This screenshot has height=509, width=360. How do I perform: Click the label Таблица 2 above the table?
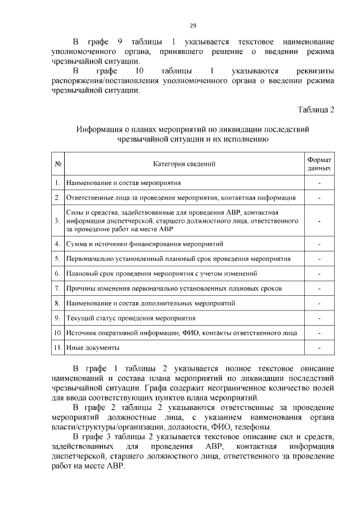click(x=316, y=109)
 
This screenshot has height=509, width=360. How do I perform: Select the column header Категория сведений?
click(x=184, y=164)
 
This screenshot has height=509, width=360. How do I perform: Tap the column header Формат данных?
click(x=319, y=164)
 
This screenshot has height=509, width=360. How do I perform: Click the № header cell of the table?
click(x=57, y=164)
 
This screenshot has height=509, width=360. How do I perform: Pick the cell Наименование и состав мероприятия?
click(x=123, y=183)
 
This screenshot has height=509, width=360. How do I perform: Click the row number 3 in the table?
click(x=57, y=220)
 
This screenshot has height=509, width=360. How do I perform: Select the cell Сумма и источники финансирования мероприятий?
click(x=145, y=244)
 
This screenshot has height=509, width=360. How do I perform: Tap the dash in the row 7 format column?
click(x=319, y=289)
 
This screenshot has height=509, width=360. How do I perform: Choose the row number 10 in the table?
click(x=57, y=333)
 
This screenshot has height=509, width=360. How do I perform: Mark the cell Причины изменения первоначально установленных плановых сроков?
click(x=174, y=289)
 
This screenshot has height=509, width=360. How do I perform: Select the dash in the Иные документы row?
click(x=319, y=348)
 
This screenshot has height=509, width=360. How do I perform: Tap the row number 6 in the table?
click(x=57, y=273)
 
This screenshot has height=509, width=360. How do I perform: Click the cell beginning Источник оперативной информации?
click(x=181, y=333)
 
